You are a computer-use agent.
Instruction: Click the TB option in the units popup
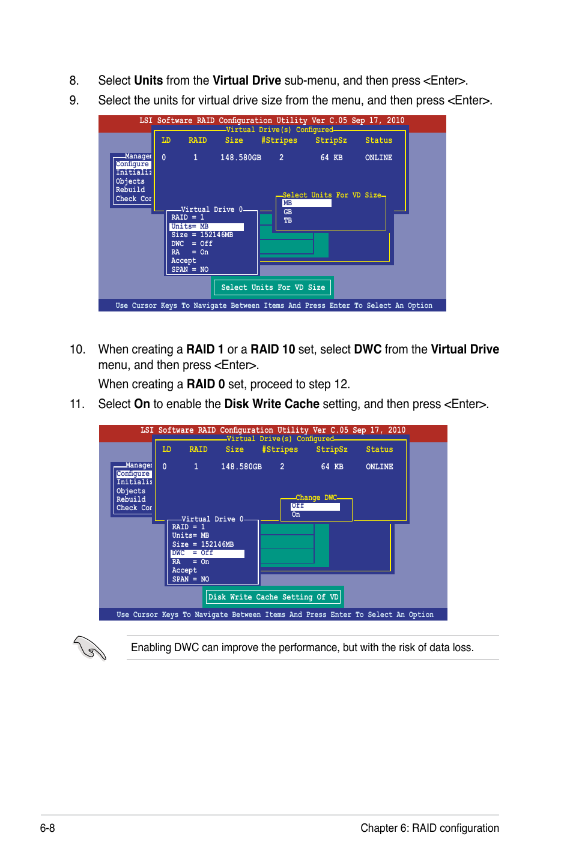288,221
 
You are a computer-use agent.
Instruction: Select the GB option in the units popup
288,212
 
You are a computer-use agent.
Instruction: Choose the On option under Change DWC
296,515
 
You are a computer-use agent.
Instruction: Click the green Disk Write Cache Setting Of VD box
273,597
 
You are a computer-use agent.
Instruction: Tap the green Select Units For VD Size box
273,287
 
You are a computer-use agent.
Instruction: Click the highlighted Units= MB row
207,227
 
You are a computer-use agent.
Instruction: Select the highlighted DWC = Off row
207,553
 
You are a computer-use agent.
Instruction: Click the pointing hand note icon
89,648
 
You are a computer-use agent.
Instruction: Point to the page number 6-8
47,828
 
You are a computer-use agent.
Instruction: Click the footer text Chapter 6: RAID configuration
429,828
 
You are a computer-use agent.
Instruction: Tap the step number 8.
74,80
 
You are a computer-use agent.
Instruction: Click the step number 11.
77,404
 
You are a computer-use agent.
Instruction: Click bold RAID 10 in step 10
273,349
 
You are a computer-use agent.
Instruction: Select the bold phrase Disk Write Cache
271,404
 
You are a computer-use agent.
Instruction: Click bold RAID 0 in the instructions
205,384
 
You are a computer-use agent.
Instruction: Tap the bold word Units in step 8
148,80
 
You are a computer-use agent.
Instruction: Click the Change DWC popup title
316,498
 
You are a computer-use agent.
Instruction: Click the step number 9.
74,100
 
